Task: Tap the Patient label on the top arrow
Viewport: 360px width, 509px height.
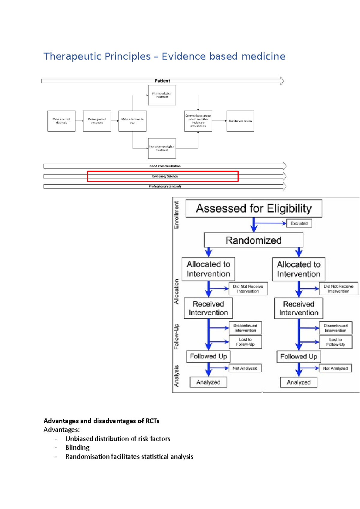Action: tap(162, 81)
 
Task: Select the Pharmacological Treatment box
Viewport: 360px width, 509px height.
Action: tap(162, 95)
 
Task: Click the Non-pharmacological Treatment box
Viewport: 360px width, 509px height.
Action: tap(162, 148)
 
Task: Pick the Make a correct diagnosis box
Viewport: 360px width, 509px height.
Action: tap(61, 121)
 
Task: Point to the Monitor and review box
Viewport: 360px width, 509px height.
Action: tap(240, 121)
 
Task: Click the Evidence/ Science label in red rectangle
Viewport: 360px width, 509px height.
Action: tap(165, 176)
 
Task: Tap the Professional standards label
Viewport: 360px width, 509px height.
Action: tap(165, 186)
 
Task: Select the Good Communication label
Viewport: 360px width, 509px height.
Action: tap(165, 166)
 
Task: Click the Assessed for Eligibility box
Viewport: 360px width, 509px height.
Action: tap(254, 209)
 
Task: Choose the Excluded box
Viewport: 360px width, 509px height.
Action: tap(299, 223)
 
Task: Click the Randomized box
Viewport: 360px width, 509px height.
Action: tap(253, 240)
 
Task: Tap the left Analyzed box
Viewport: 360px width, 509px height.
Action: tap(208, 382)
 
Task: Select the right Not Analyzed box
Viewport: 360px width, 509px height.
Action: tap(335, 368)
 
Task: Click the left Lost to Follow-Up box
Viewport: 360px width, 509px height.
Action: tap(245, 342)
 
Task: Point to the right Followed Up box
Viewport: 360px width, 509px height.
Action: tap(298, 356)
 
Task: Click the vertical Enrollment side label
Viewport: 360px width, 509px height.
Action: tap(176, 215)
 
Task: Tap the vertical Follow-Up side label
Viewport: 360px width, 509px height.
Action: tap(176, 336)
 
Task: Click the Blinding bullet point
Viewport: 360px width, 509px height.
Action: tap(77, 448)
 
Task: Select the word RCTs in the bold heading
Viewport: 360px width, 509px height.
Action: tap(152, 421)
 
